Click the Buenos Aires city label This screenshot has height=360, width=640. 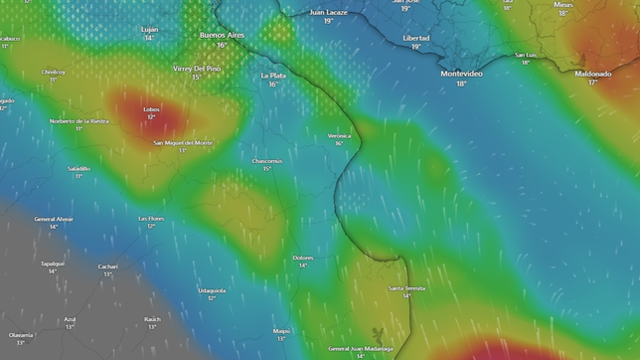[x=222, y=35]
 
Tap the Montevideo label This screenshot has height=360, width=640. [x=461, y=74]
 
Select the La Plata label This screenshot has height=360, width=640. [x=272, y=75]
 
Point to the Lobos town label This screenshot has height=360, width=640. [x=151, y=109]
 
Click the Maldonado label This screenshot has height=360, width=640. [x=592, y=73]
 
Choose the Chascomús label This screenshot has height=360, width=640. [x=267, y=160]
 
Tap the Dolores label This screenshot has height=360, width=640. [x=303, y=258]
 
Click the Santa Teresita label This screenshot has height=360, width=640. [x=406, y=287]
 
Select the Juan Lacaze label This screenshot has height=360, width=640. [x=328, y=12]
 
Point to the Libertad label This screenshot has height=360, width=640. [x=415, y=37]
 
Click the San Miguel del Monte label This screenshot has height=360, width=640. [x=182, y=142]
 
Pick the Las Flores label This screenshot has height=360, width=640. [x=151, y=218]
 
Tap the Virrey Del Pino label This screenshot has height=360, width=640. [x=196, y=68]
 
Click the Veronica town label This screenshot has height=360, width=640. [x=339, y=135]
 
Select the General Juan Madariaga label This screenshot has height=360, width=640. [x=360, y=348]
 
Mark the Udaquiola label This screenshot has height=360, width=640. [x=212, y=290]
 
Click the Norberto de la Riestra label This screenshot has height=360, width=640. [x=79, y=120]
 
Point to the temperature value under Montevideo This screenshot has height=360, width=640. [x=461, y=84]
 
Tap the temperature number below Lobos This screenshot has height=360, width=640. [x=151, y=117]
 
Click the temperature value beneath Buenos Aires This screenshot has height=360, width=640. [x=222, y=45]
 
